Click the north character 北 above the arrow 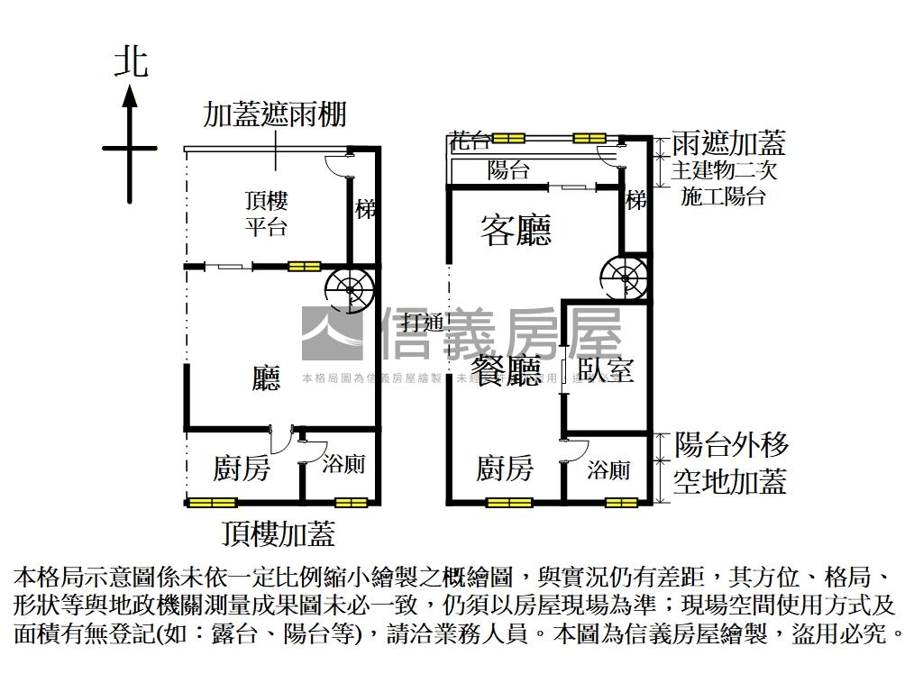coord(131,62)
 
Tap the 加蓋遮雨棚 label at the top coord(275,115)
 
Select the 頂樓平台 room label coord(266,213)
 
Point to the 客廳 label coord(516,232)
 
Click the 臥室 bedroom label coord(606,369)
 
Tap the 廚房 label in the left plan coord(241,469)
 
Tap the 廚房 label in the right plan coord(505,469)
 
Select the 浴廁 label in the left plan coord(343,465)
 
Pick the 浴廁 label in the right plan coord(608,469)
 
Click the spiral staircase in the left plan coord(350,287)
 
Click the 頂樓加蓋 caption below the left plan coord(279,533)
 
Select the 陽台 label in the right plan coord(508,170)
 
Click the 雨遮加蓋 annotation coord(729,142)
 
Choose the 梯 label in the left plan coord(365,209)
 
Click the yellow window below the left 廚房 coord(213,503)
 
